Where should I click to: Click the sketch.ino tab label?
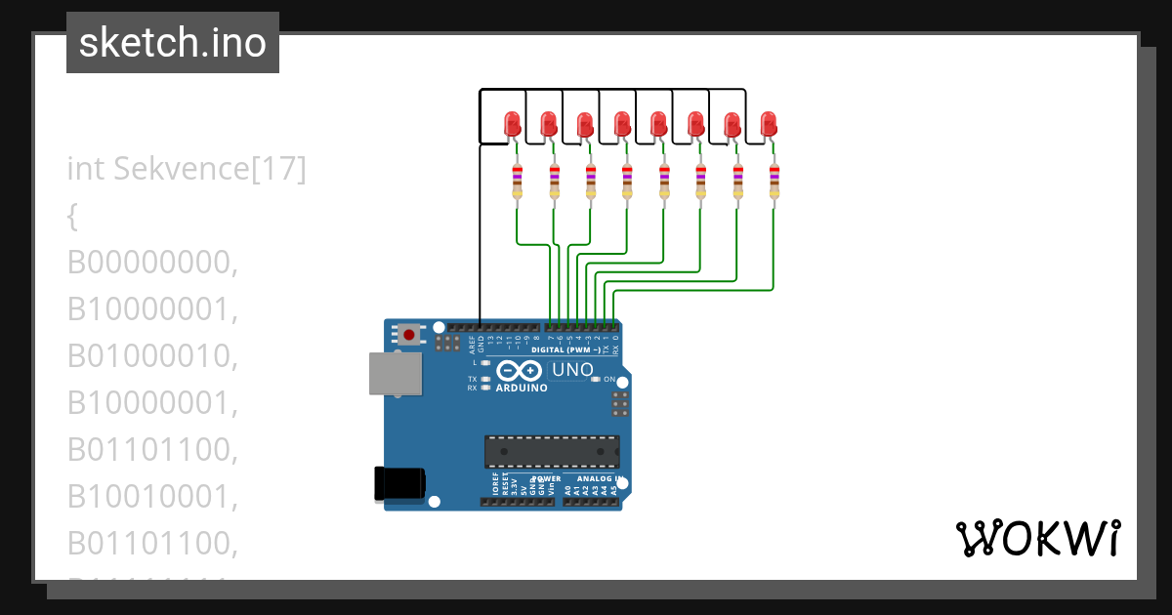[173, 43]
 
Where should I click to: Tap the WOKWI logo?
[1037, 539]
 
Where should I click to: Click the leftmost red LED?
[513, 124]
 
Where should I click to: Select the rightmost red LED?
[769, 124]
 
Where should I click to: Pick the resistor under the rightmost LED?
[774, 183]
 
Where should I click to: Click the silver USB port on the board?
[396, 375]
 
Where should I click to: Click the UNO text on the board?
[572, 370]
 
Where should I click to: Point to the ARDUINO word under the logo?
[521, 388]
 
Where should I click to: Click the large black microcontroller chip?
[552, 451]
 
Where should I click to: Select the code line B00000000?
[153, 263]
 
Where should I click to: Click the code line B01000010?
[153, 356]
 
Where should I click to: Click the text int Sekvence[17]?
[187, 169]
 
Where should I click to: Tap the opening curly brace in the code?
[71, 217]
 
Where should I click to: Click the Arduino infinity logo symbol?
[520, 371]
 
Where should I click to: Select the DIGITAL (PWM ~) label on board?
[566, 348]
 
